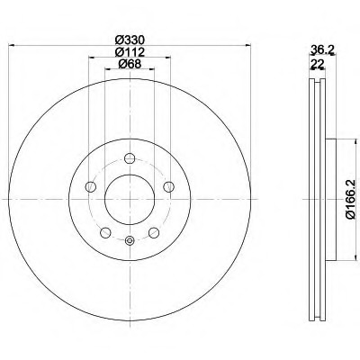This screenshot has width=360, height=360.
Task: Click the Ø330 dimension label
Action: coord(130,40)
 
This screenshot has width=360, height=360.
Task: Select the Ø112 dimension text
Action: coord(130,52)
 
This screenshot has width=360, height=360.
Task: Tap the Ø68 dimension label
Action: coord(130,64)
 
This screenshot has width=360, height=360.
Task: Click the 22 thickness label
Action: coord(317,64)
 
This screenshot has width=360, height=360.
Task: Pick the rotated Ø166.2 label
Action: coord(350,199)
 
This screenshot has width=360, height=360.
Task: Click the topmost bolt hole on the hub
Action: coord(130,158)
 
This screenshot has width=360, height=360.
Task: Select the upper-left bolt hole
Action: coord(91,187)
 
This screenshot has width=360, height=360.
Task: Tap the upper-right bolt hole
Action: coord(168,186)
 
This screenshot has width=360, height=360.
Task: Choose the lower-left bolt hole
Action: coord(105,232)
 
